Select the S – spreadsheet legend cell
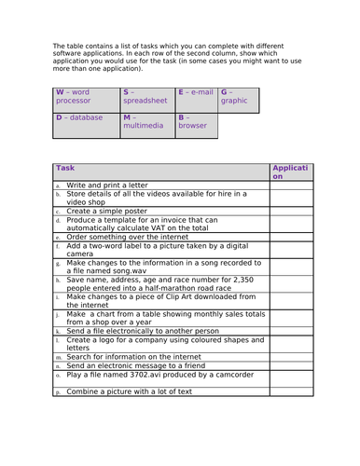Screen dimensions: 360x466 click(147, 100)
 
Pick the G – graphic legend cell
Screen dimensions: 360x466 click(237, 100)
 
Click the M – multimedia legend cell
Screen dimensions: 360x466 click(147, 125)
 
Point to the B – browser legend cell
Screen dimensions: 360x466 click(196, 125)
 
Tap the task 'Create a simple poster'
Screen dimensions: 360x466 click(102, 212)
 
